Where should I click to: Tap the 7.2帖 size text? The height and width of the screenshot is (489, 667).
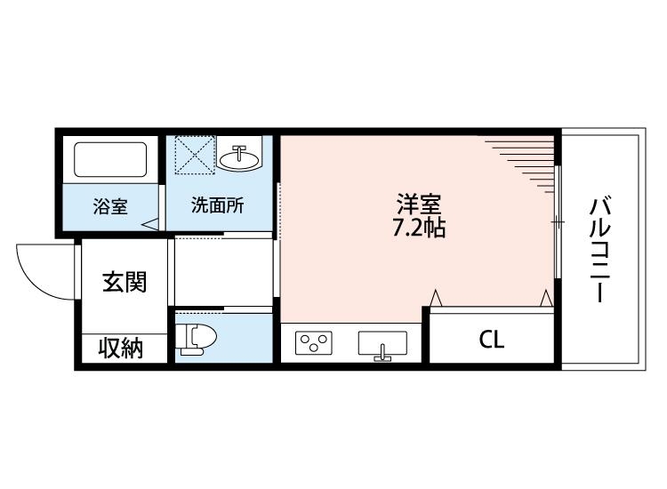(x=419, y=227)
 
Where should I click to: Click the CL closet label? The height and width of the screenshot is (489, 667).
(x=491, y=340)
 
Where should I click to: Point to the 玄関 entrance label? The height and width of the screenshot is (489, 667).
(x=124, y=283)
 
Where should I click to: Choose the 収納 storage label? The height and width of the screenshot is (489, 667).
(x=121, y=349)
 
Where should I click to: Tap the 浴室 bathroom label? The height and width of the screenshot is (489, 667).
(x=111, y=206)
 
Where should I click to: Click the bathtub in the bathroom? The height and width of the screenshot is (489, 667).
(x=110, y=160)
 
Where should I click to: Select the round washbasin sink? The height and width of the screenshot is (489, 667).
(x=240, y=158)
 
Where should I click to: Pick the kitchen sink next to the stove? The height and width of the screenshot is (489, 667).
(x=382, y=343)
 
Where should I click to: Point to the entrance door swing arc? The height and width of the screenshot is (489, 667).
(x=40, y=271)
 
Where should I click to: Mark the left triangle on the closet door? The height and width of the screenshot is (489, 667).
(x=436, y=297)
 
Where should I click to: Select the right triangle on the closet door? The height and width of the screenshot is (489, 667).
(x=546, y=297)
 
